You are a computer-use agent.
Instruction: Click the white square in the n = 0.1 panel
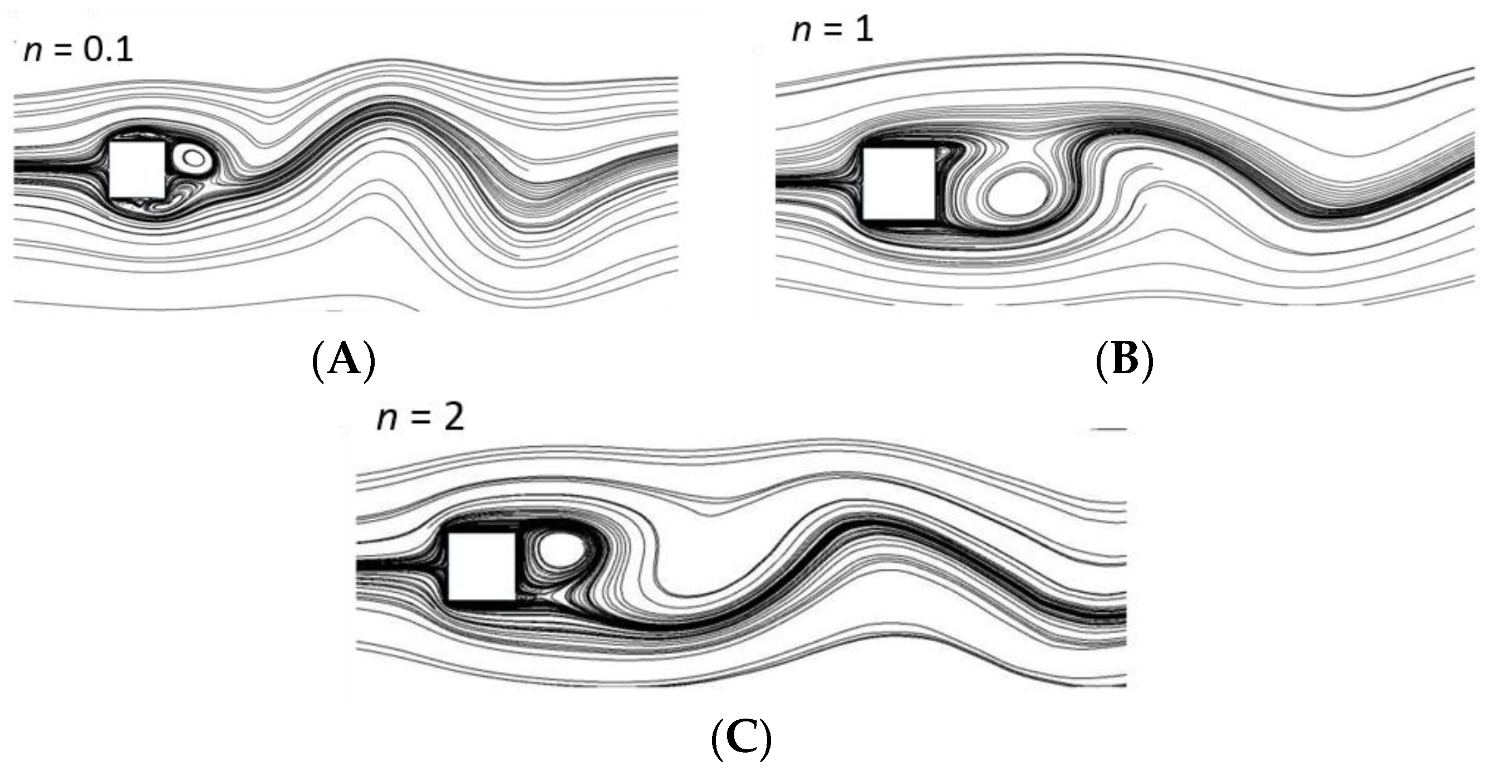[x=138, y=168]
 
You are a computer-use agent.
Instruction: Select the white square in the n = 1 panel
[x=899, y=183]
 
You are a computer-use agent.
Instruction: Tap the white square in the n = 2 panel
[x=482, y=567]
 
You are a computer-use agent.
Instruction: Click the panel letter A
[x=344, y=360]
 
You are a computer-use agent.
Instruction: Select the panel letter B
[x=1124, y=360]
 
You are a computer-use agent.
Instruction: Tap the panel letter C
[x=741, y=738]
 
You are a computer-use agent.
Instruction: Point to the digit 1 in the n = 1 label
[x=863, y=29]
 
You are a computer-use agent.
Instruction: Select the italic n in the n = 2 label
[x=387, y=418]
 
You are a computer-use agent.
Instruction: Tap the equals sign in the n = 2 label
[x=421, y=417]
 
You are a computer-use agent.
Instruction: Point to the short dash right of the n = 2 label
[x=1108, y=430]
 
